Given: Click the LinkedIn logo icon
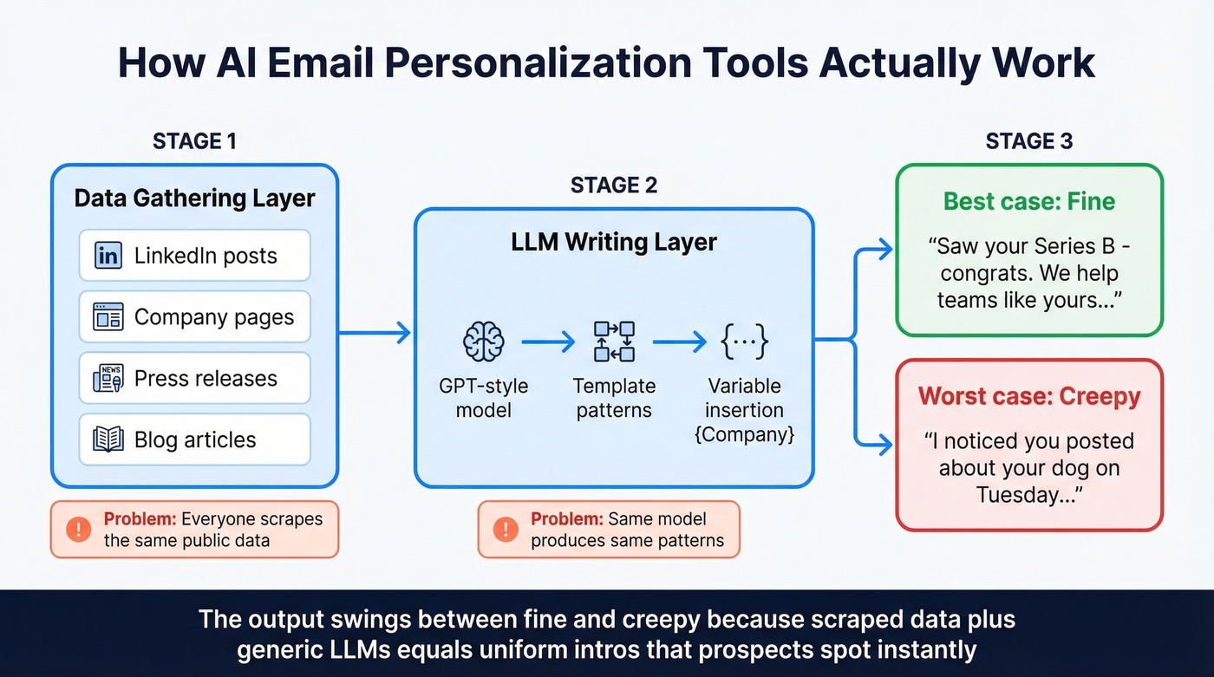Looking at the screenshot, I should (108, 256).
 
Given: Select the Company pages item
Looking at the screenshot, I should (194, 317).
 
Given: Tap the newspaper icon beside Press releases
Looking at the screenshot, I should (108, 379).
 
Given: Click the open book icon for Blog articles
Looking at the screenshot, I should (108, 439).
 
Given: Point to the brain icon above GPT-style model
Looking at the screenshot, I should (483, 342).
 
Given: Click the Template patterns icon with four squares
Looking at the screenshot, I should (614, 342).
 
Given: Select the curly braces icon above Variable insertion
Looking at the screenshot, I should (744, 342).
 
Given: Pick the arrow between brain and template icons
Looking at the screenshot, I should (548, 342).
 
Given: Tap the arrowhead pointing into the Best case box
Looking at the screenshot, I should (884, 251).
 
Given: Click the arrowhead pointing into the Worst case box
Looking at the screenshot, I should (884, 446).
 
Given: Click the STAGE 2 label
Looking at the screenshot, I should (613, 185).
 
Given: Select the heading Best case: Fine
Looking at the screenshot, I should (1029, 202).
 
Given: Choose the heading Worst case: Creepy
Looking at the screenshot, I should (1029, 396).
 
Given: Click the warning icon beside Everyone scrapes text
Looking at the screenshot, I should (79, 529).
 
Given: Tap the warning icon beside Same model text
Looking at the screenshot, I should (506, 529).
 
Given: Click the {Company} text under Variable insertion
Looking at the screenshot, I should (744, 434).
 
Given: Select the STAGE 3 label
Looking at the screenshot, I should (1029, 140).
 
